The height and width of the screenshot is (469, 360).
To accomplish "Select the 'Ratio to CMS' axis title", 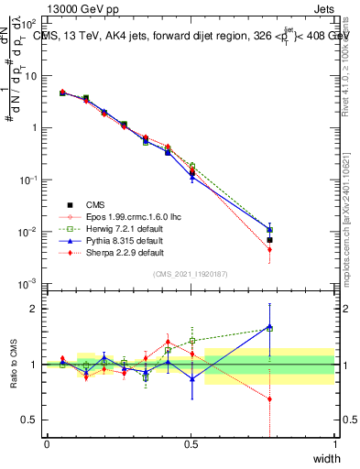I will click(13, 365).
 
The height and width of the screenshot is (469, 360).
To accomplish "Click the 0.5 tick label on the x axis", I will click(191, 444).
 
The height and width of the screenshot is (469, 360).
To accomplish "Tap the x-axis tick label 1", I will click(334, 444).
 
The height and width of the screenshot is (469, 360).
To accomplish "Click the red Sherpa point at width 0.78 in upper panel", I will click(269, 248).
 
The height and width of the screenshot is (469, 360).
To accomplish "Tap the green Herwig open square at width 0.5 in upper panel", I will click(191, 166).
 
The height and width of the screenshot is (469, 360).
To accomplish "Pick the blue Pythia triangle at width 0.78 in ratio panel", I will click(269, 326).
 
